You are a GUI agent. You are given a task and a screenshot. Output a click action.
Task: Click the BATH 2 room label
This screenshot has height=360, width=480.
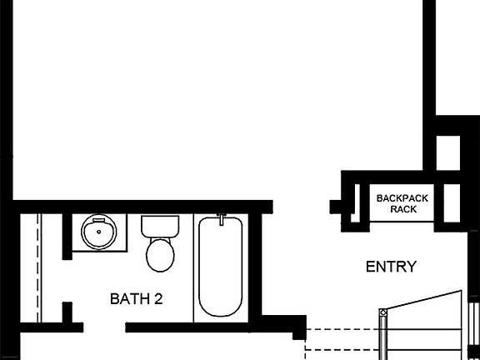136,298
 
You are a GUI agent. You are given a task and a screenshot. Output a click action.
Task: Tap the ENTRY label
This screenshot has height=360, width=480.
391,267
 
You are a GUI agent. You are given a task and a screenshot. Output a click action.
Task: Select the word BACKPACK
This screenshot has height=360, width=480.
401,198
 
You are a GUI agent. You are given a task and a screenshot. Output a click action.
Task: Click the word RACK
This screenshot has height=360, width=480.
403,209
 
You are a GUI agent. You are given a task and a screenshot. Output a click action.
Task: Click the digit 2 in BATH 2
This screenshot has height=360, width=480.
157,298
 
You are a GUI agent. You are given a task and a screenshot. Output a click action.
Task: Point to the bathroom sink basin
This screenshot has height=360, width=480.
99,232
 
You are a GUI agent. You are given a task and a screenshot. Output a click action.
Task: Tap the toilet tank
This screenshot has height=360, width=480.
159,226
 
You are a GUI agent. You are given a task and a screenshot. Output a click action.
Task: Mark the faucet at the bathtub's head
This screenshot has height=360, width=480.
221,220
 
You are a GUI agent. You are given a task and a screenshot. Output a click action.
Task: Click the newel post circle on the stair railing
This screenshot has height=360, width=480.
382,314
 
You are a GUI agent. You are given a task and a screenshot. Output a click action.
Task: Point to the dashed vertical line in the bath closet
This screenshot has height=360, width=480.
38,267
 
